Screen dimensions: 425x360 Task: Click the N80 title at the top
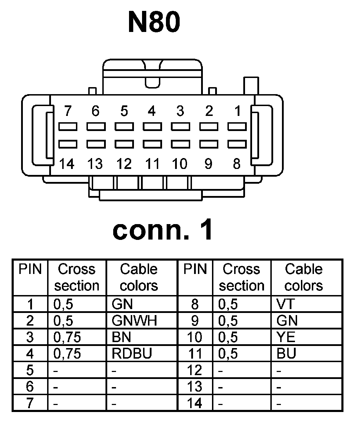point(154,22)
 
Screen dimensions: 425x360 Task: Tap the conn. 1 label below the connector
point(162,230)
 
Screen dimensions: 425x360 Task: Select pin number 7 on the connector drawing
point(68,111)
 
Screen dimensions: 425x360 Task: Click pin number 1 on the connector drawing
point(238,111)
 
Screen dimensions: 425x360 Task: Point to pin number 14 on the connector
point(67,164)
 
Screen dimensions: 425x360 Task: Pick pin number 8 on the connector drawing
point(237,164)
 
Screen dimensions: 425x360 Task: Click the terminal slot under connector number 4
point(152,126)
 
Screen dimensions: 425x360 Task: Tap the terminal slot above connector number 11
point(152,144)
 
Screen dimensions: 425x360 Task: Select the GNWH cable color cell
point(134,320)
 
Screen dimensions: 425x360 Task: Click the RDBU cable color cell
point(131,353)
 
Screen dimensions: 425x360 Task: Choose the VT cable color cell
point(285,304)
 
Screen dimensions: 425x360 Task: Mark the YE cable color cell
point(286,337)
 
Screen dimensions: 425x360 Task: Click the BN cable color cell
point(121,337)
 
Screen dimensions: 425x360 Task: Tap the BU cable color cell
point(286,353)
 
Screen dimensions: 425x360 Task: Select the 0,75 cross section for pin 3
point(67,337)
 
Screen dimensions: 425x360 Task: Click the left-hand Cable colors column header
point(139,277)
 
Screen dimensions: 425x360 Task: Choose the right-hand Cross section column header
point(242,277)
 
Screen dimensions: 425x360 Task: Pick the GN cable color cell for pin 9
point(287,320)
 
